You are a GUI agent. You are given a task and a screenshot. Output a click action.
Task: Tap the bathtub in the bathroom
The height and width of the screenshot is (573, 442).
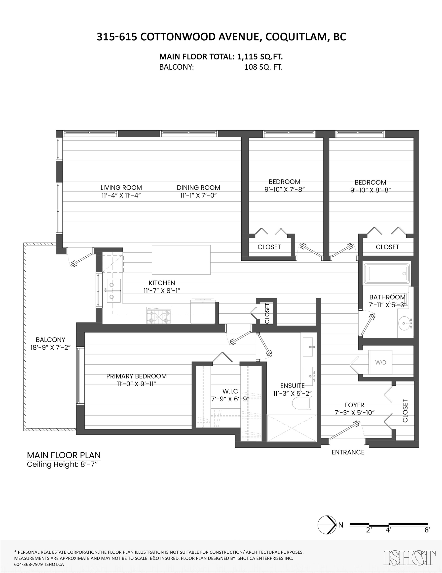click(386, 274)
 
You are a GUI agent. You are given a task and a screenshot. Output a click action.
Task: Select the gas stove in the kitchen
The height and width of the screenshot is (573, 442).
click(159, 316)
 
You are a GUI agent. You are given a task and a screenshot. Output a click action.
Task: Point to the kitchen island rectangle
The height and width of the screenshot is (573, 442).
click(181, 260)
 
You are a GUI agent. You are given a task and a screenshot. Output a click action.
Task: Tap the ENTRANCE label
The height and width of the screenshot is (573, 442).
click(348, 452)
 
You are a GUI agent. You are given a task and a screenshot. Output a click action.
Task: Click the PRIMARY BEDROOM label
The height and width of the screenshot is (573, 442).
click(137, 376)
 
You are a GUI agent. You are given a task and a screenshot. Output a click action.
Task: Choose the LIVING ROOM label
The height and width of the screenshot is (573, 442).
click(121, 188)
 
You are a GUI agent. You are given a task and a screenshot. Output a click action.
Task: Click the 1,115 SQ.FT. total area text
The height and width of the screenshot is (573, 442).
click(260, 57)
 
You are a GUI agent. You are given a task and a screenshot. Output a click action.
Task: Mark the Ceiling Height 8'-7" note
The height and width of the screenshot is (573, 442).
click(64, 464)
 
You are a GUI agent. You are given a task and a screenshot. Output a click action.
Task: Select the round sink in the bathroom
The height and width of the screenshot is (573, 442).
click(405, 324)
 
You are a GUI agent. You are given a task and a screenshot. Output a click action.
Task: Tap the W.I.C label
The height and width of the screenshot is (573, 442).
click(230, 391)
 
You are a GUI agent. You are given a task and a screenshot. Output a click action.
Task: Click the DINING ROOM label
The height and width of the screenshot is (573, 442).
click(198, 188)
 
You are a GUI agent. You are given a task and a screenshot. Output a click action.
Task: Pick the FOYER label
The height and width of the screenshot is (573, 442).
click(355, 405)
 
